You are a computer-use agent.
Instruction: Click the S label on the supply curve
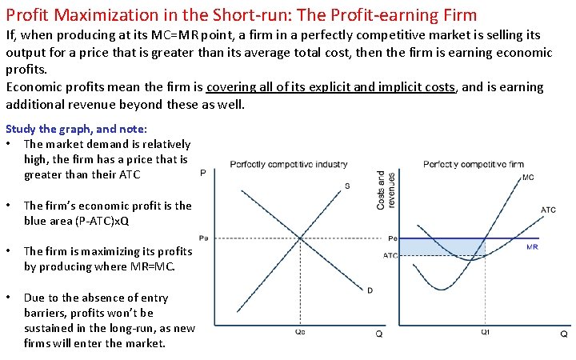[346, 186]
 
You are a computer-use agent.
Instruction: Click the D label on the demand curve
[370, 290]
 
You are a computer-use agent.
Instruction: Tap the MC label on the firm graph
[528, 178]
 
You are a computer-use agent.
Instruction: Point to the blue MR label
[532, 247]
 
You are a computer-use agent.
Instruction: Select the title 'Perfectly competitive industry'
[289, 164]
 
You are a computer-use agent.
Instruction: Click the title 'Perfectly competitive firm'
[474, 164]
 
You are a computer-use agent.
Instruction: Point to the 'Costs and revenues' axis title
[386, 190]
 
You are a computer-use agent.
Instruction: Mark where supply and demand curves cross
[300, 238]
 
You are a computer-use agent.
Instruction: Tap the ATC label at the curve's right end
[548, 210]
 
